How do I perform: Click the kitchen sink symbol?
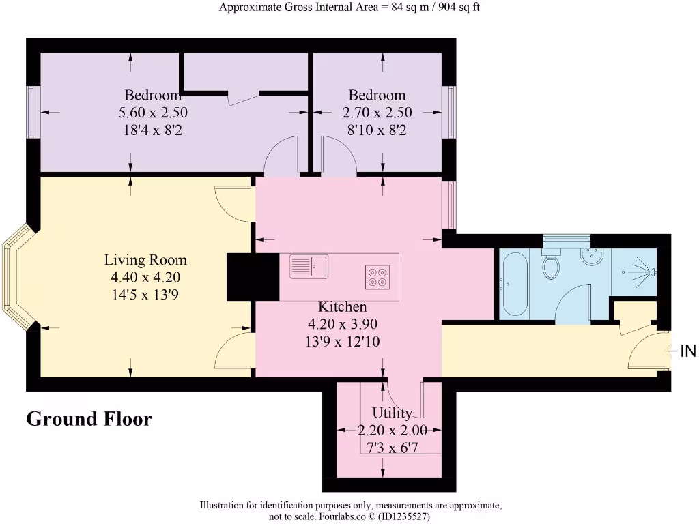click(x=309, y=266)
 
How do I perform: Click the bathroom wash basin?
click(x=591, y=257)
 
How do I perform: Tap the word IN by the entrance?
click(x=687, y=351)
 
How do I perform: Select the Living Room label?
click(x=145, y=260)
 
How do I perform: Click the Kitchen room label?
click(x=342, y=307)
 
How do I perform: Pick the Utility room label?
click(x=392, y=413)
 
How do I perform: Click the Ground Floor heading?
click(x=89, y=418)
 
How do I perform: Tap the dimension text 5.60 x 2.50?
click(x=153, y=113)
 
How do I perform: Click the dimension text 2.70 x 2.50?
click(x=377, y=113)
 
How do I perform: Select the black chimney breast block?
click(x=253, y=276)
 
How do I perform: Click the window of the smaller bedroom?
click(x=450, y=111)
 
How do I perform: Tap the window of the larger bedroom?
click(x=32, y=111)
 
